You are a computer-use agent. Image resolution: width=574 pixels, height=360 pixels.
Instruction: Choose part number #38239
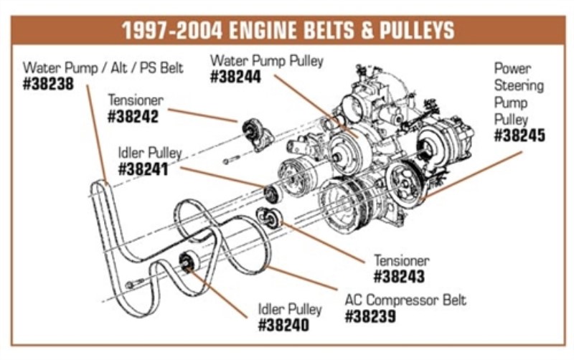coord(370,316)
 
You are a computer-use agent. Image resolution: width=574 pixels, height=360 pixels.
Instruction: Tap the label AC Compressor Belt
coord(405,299)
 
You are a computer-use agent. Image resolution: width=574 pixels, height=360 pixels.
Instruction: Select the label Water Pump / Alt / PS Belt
coord(103,68)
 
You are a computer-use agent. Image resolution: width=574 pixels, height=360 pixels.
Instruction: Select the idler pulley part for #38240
coord(187,262)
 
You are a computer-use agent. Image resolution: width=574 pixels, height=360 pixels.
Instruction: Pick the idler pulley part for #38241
coord(272,194)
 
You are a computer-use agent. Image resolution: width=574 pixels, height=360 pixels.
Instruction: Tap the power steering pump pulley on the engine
coord(402,182)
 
